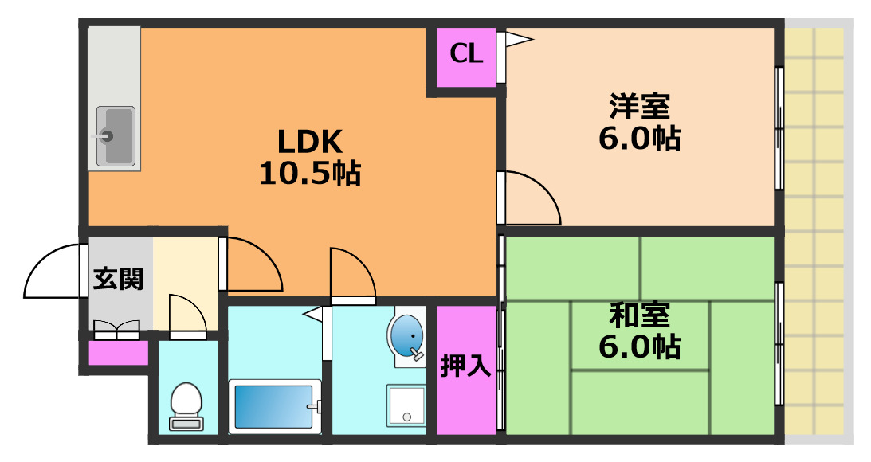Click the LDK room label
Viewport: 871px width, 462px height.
(x=309, y=142)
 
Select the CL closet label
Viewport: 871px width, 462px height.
(x=466, y=54)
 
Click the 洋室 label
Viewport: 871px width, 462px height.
(x=639, y=106)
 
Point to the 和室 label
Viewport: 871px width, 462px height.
(x=639, y=315)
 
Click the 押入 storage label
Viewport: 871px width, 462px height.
(x=466, y=368)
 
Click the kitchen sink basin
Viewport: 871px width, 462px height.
(x=116, y=135)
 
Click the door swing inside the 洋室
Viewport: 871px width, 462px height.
(x=530, y=198)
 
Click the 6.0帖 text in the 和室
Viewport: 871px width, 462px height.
(x=639, y=346)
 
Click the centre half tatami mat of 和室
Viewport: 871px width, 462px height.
(x=640, y=335)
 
